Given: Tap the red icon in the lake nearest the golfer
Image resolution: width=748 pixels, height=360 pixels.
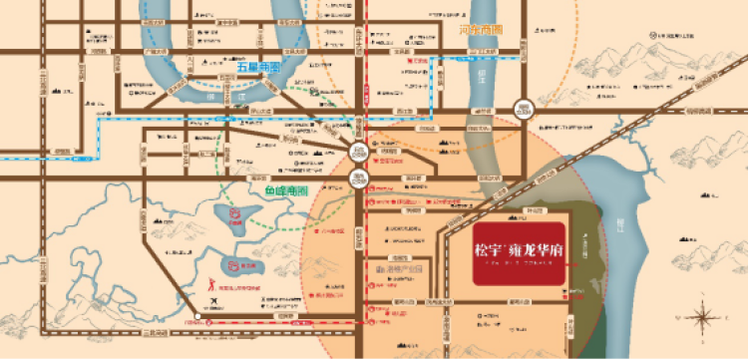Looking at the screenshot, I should click(x=233, y=266).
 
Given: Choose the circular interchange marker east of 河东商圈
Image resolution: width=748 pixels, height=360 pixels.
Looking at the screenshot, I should click(x=523, y=108).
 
